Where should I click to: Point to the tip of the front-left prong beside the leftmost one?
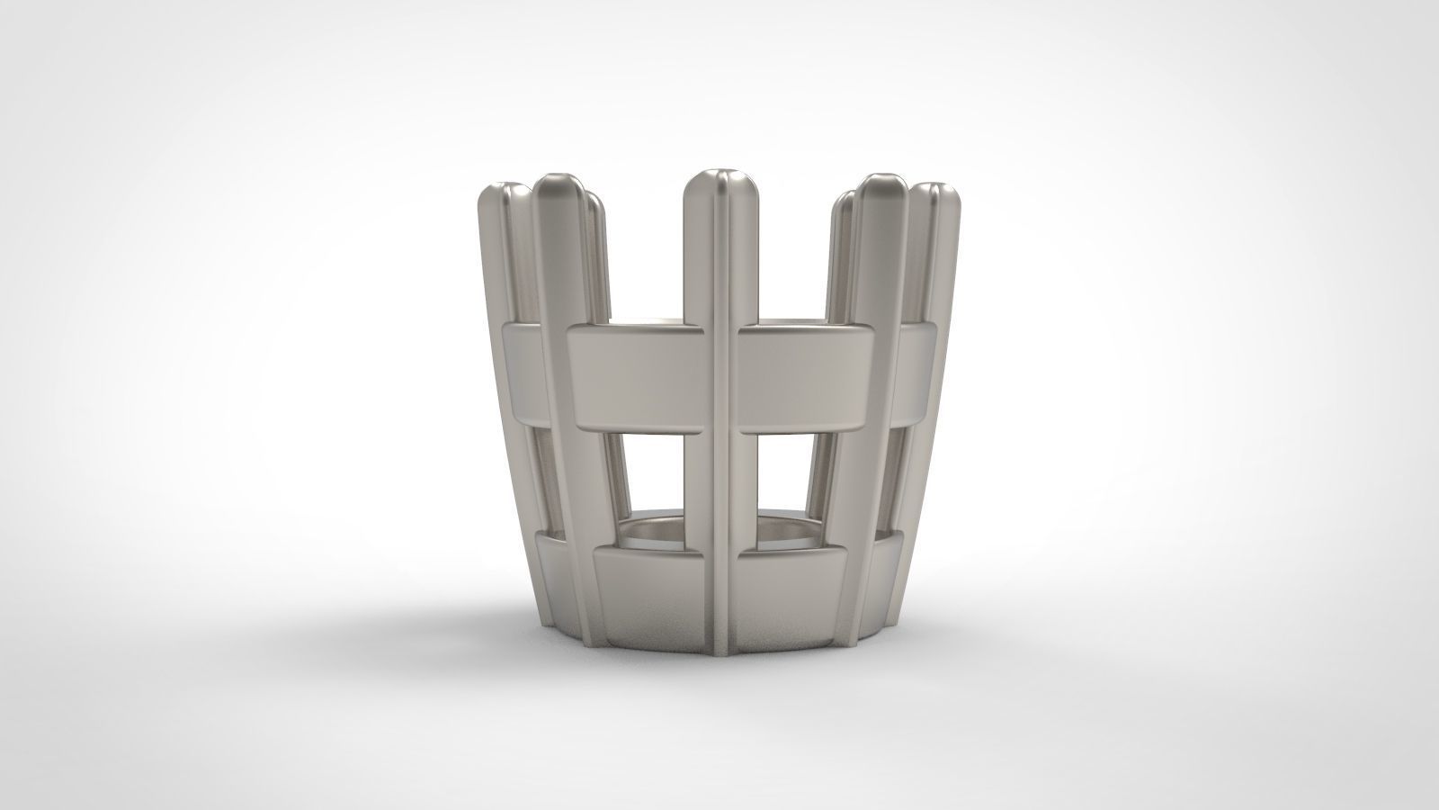pos(559,184)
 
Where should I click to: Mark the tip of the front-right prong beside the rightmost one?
pos(880,184)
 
